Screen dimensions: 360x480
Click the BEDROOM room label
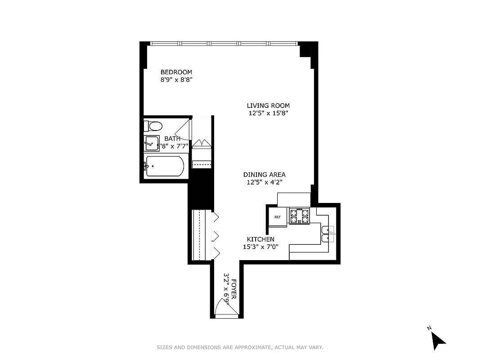pos(176,72)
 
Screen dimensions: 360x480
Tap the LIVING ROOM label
pos(268,106)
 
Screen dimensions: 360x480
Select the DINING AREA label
pos(264,175)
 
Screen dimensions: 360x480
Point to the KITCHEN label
pos(260,239)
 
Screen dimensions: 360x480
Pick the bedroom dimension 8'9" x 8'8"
pos(176,80)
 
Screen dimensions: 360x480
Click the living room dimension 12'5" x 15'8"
pos(268,113)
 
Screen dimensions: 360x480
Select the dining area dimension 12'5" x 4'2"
pos(264,182)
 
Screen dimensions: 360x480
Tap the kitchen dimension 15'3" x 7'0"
pos(260,247)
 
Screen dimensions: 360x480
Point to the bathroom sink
pos(152,144)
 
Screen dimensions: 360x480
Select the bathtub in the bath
pos(165,166)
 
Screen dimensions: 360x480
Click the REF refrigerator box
pos(278,217)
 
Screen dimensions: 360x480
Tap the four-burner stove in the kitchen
pos(300,216)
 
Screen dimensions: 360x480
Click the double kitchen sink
pos(327,234)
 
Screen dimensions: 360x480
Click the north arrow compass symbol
pos(437,340)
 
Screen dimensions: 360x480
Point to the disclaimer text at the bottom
pos(240,347)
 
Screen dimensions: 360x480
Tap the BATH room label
pos(172,139)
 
